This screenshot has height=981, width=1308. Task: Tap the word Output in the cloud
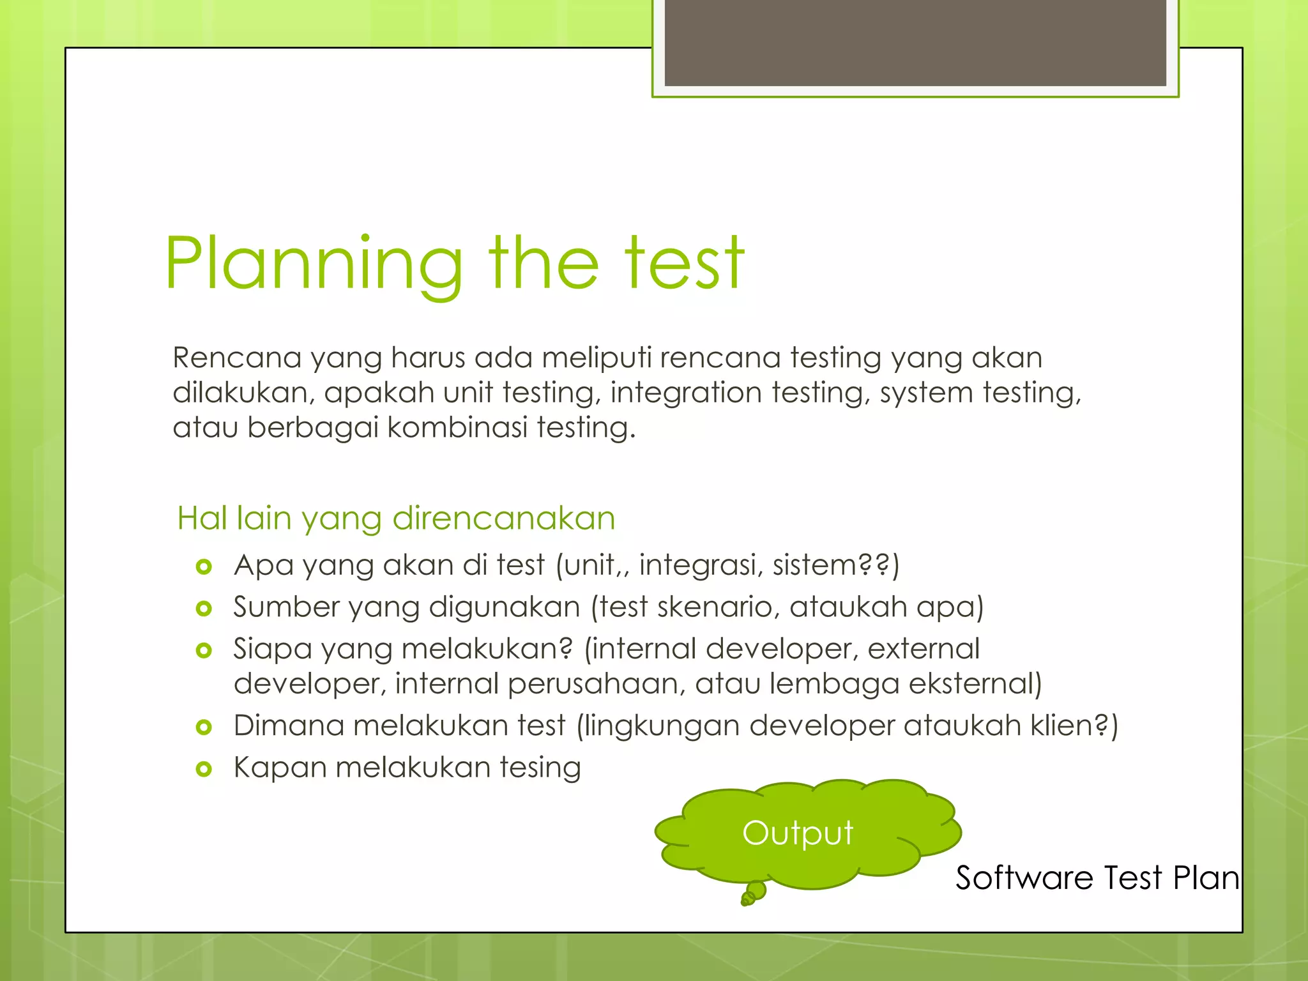(x=798, y=833)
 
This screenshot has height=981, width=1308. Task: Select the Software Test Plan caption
(x=1097, y=878)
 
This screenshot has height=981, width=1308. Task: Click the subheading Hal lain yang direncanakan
(x=396, y=518)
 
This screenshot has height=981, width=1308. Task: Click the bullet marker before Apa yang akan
(x=204, y=567)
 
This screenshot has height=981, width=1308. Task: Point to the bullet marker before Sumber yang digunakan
(x=204, y=609)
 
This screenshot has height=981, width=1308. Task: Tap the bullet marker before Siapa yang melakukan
(x=204, y=651)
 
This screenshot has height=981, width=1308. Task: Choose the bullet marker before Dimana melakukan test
(x=204, y=727)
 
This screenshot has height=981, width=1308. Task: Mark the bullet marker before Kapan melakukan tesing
(x=204, y=769)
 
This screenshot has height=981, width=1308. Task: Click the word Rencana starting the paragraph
(x=236, y=358)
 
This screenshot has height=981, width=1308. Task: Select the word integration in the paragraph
(x=685, y=393)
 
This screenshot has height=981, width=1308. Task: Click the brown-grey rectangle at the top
(x=915, y=42)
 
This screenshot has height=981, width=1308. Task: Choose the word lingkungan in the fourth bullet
(x=662, y=727)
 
